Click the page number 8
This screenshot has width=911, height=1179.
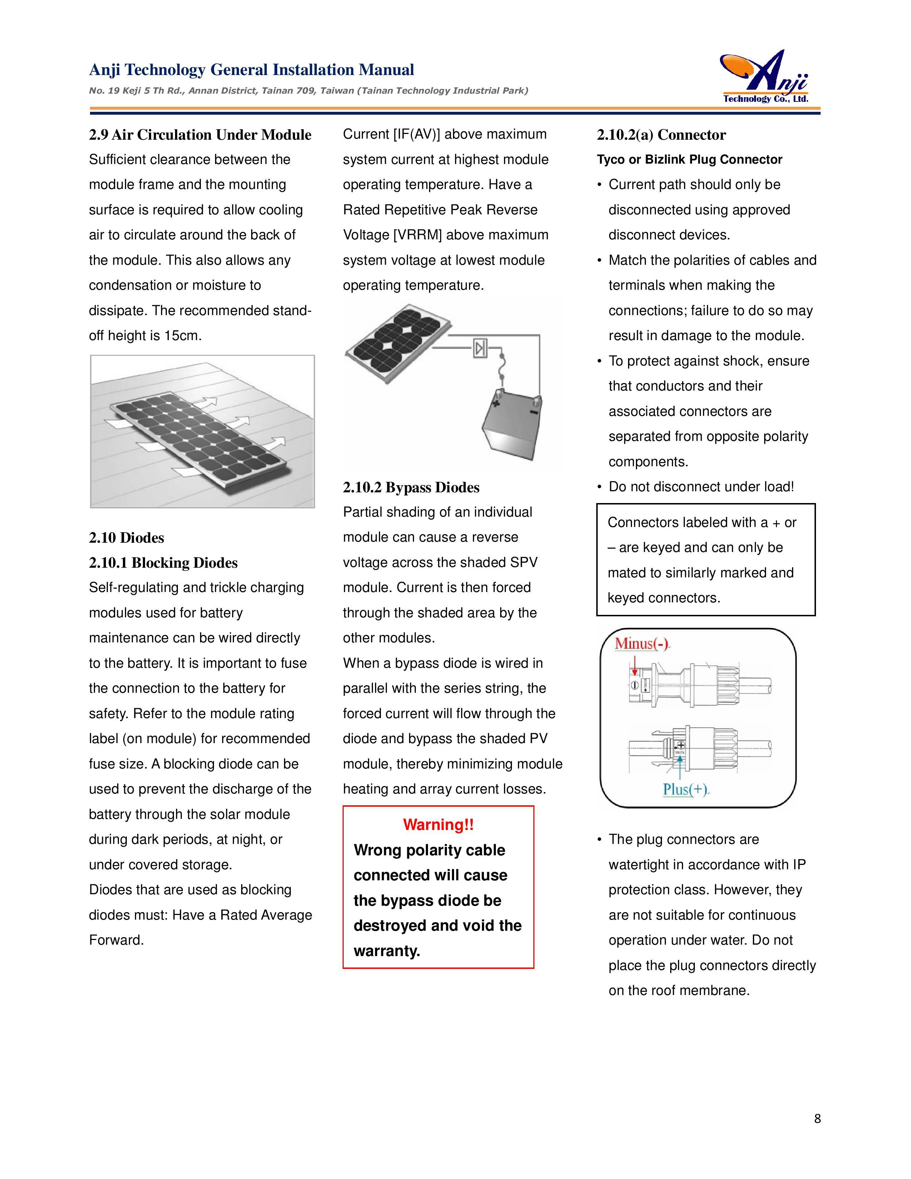(x=817, y=1119)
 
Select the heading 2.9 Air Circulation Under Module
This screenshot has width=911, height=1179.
(x=200, y=135)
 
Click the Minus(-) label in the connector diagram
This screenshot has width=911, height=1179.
(x=642, y=643)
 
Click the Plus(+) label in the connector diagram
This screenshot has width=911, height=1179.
(x=685, y=789)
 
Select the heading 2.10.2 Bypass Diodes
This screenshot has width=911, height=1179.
(x=411, y=487)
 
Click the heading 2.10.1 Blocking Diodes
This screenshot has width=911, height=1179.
(x=163, y=563)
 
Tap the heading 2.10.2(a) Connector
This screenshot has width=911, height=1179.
(x=661, y=135)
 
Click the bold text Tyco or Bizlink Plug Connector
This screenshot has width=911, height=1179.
(x=689, y=160)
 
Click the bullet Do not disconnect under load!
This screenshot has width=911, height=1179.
(x=701, y=487)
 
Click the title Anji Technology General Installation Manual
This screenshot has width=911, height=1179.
(x=252, y=70)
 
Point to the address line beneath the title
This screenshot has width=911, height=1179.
(x=308, y=91)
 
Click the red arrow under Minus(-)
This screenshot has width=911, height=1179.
(x=635, y=664)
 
